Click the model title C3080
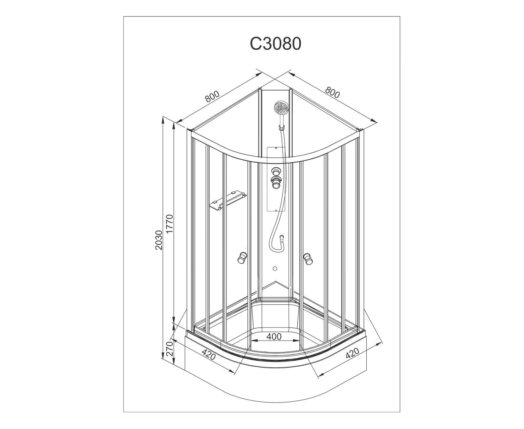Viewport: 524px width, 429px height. (x=275, y=44)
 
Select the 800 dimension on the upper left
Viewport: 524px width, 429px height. (x=212, y=97)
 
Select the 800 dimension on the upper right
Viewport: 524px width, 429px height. (x=332, y=93)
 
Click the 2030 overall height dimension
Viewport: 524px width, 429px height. (x=158, y=240)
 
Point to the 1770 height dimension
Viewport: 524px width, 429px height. (x=170, y=224)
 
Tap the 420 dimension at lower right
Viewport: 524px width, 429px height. (x=352, y=353)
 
